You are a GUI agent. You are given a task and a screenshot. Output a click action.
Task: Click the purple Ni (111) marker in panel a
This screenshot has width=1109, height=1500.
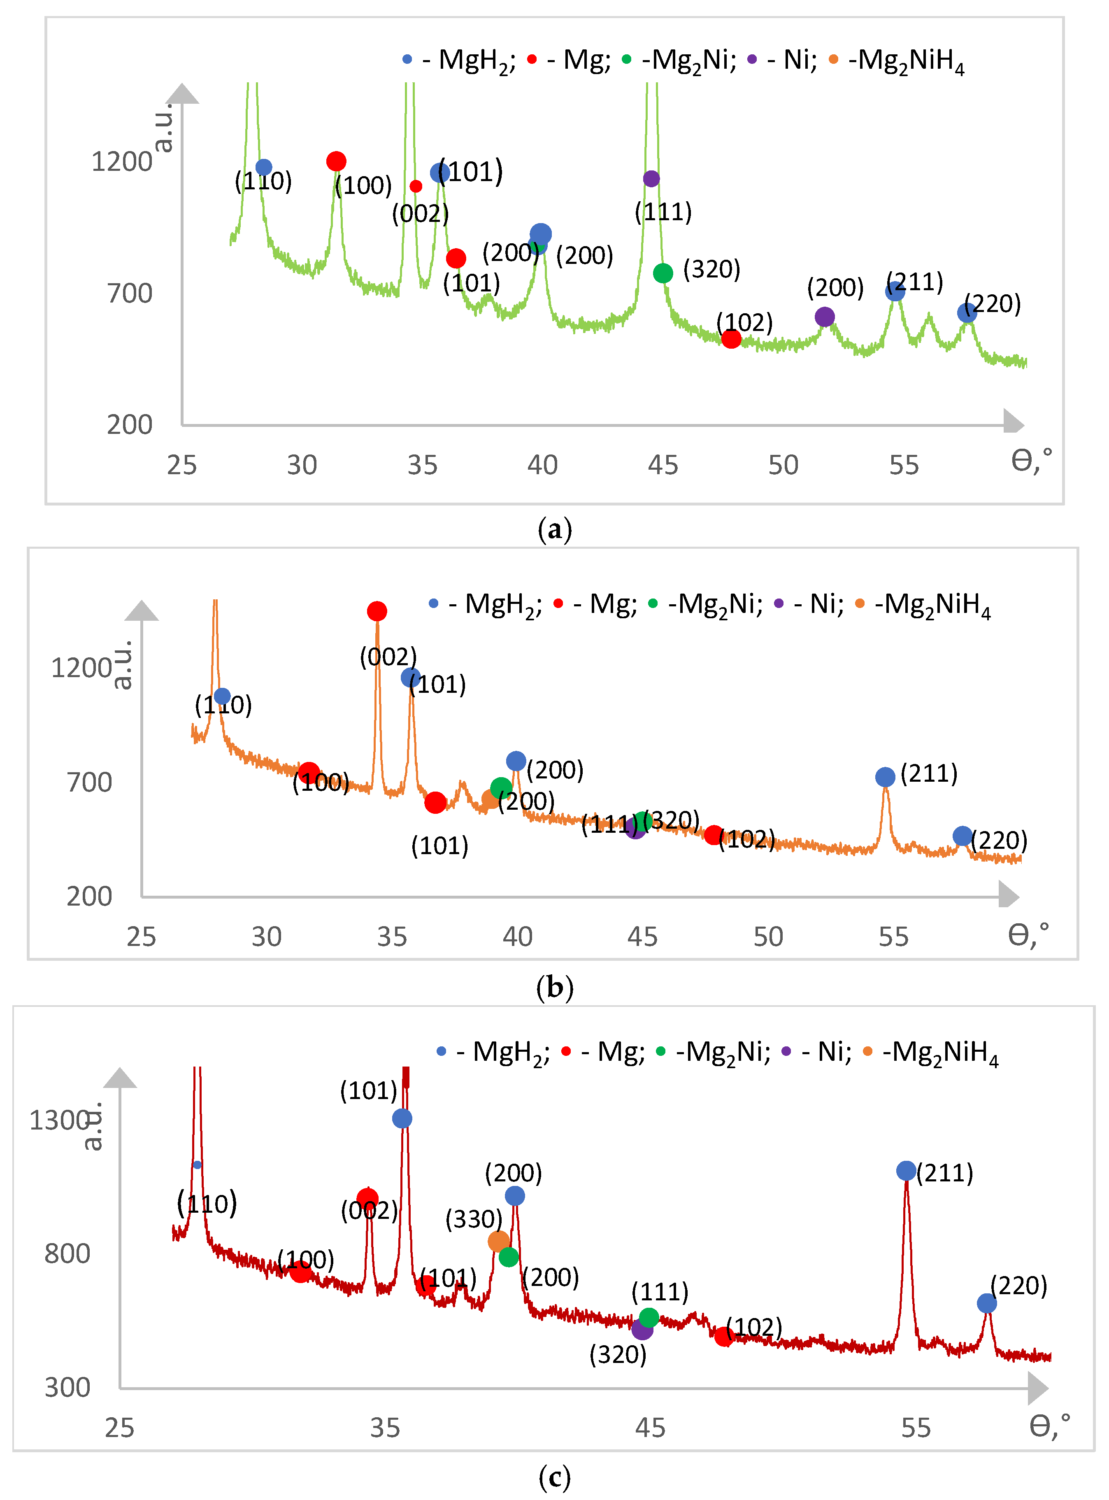[651, 179]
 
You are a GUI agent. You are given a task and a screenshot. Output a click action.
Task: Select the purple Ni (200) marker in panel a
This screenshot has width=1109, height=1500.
[824, 317]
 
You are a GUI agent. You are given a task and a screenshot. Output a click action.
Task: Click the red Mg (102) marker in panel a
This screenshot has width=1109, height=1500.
[731, 338]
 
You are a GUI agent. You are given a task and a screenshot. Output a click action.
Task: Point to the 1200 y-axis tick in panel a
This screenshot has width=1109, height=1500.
[121, 162]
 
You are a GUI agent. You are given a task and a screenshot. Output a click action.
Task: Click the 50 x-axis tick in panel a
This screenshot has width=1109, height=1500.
[783, 465]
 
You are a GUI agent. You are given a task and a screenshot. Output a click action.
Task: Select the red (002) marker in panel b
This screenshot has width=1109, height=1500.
[377, 611]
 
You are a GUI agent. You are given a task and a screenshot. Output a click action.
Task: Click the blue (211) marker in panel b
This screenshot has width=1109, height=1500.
[885, 777]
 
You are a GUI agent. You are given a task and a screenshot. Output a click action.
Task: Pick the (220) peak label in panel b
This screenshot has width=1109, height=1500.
[999, 840]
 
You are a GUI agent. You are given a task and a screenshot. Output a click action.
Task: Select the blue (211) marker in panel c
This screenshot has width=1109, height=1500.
[906, 1170]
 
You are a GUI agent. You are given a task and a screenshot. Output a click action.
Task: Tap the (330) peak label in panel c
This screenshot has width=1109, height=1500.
[474, 1219]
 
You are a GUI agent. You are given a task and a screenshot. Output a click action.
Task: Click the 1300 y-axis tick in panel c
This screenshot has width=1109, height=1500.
[59, 1120]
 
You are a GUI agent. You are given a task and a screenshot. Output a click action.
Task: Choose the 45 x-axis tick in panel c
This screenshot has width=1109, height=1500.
[650, 1428]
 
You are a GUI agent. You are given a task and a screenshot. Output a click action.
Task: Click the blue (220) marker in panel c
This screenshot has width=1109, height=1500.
[986, 1303]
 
